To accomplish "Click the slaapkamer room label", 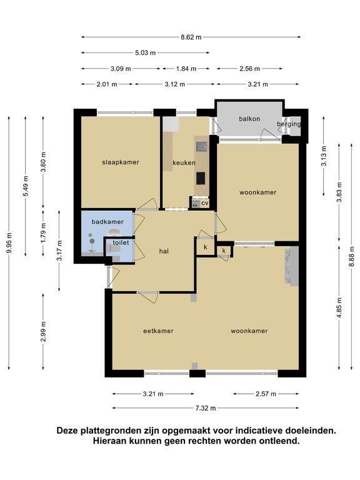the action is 121,162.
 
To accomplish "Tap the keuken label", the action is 184,162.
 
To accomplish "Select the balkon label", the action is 249,119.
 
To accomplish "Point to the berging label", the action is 289,124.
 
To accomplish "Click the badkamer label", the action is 107,222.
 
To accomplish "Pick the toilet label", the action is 121,242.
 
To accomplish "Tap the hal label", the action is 164,251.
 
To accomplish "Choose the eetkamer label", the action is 158,331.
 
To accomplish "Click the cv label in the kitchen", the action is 205,202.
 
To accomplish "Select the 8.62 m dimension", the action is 191,37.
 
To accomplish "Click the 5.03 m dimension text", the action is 146,52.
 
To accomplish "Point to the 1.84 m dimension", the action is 186,69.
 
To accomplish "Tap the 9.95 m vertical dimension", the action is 9,243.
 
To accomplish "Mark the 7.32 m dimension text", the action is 206,408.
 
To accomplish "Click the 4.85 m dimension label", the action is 339,307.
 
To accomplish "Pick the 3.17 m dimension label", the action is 59,251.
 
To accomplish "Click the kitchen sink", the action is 201,147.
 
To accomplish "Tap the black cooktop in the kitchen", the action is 201,178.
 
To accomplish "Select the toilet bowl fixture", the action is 114,249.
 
